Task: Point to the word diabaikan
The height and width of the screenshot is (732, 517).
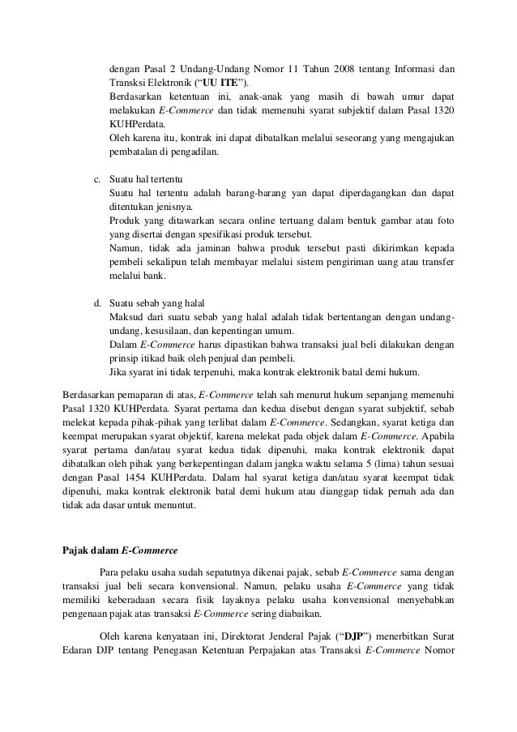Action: coord(246,614)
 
